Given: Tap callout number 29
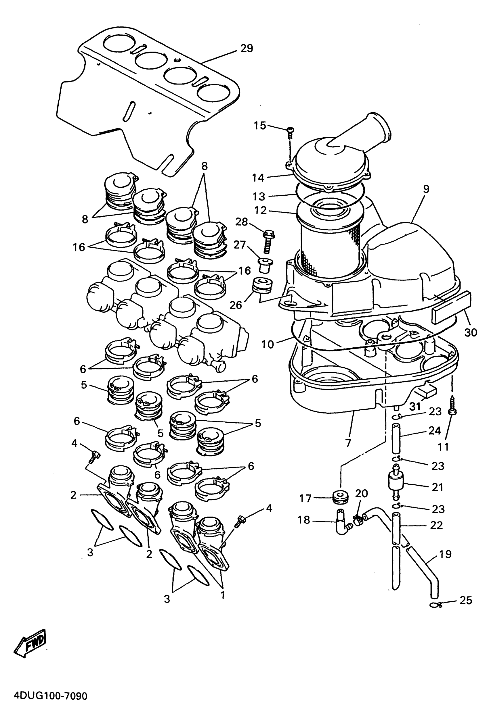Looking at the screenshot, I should tap(246, 48).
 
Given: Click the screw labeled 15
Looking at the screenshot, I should tap(290, 131).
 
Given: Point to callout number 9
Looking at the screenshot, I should tap(426, 189).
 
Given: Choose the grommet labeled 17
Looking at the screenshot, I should tap(341, 497).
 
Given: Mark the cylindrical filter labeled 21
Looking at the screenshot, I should tap(396, 485).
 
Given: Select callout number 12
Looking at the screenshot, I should tap(260, 210).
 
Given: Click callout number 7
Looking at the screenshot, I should tap(348, 443).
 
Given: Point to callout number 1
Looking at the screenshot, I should tap(222, 595).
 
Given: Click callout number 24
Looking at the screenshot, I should tap(435, 431).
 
